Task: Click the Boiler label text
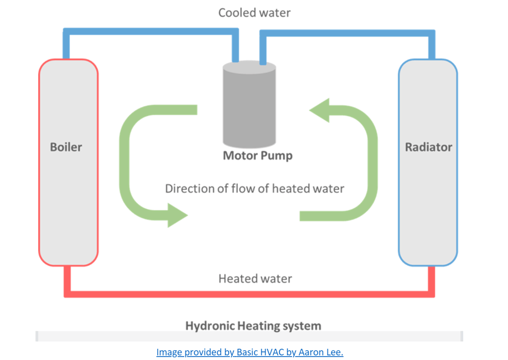66,147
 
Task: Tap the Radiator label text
428,147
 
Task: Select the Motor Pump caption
257,156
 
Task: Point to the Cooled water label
254,12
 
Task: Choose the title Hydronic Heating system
253,325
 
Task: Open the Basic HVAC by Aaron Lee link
250,352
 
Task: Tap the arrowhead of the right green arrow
320,110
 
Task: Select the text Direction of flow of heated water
255,188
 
